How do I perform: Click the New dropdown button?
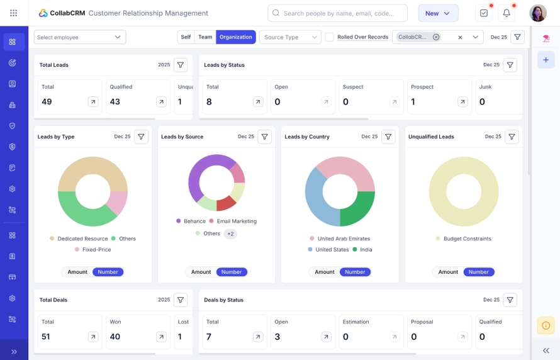438,13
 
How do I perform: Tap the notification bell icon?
506,13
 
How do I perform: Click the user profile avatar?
538,13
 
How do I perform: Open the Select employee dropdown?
80,37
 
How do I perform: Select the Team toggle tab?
205,37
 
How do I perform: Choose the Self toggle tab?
186,37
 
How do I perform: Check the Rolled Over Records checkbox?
330,37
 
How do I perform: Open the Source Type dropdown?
290,37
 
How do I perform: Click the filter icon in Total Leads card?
181,65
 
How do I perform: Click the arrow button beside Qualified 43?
161,101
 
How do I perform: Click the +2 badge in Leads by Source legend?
230,233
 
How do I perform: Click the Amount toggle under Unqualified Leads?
448,272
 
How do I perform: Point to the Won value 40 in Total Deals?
115,337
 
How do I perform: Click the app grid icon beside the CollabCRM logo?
14,13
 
